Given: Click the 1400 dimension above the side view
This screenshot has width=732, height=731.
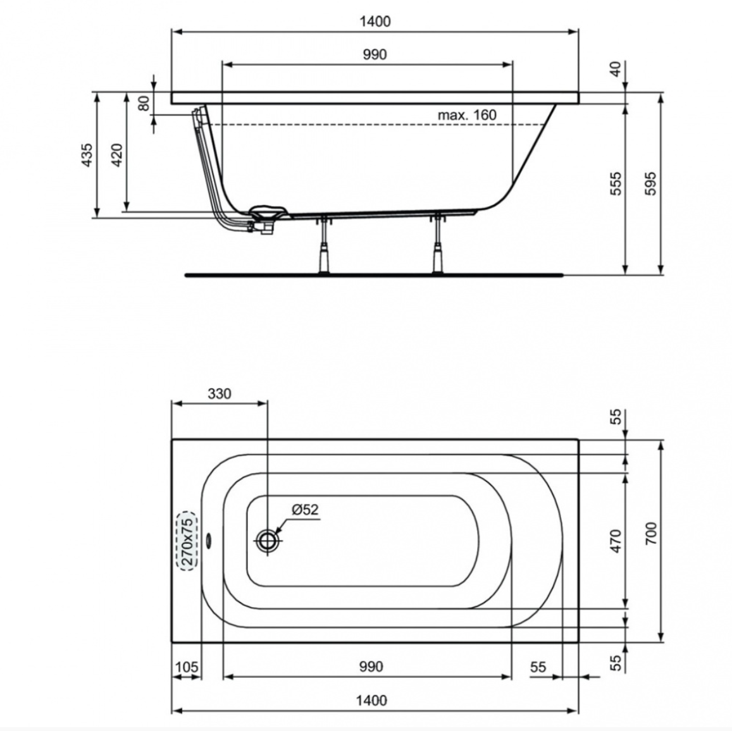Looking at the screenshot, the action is [x=375, y=21].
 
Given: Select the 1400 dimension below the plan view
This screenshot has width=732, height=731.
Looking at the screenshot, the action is [x=371, y=700].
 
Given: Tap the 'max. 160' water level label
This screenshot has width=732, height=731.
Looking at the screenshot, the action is [x=467, y=114].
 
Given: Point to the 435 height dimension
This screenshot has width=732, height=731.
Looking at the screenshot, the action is [x=87, y=155].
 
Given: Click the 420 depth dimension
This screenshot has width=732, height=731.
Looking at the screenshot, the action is [x=116, y=155].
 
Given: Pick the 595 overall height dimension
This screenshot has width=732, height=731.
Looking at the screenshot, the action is [x=651, y=183].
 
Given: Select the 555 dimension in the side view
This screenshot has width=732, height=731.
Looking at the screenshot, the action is [x=616, y=183].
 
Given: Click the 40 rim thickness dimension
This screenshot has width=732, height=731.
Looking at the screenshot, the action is [x=616, y=69].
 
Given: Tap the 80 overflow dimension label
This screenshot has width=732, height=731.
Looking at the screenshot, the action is [x=144, y=103].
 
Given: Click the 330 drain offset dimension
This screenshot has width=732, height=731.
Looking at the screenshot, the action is [x=220, y=394].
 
